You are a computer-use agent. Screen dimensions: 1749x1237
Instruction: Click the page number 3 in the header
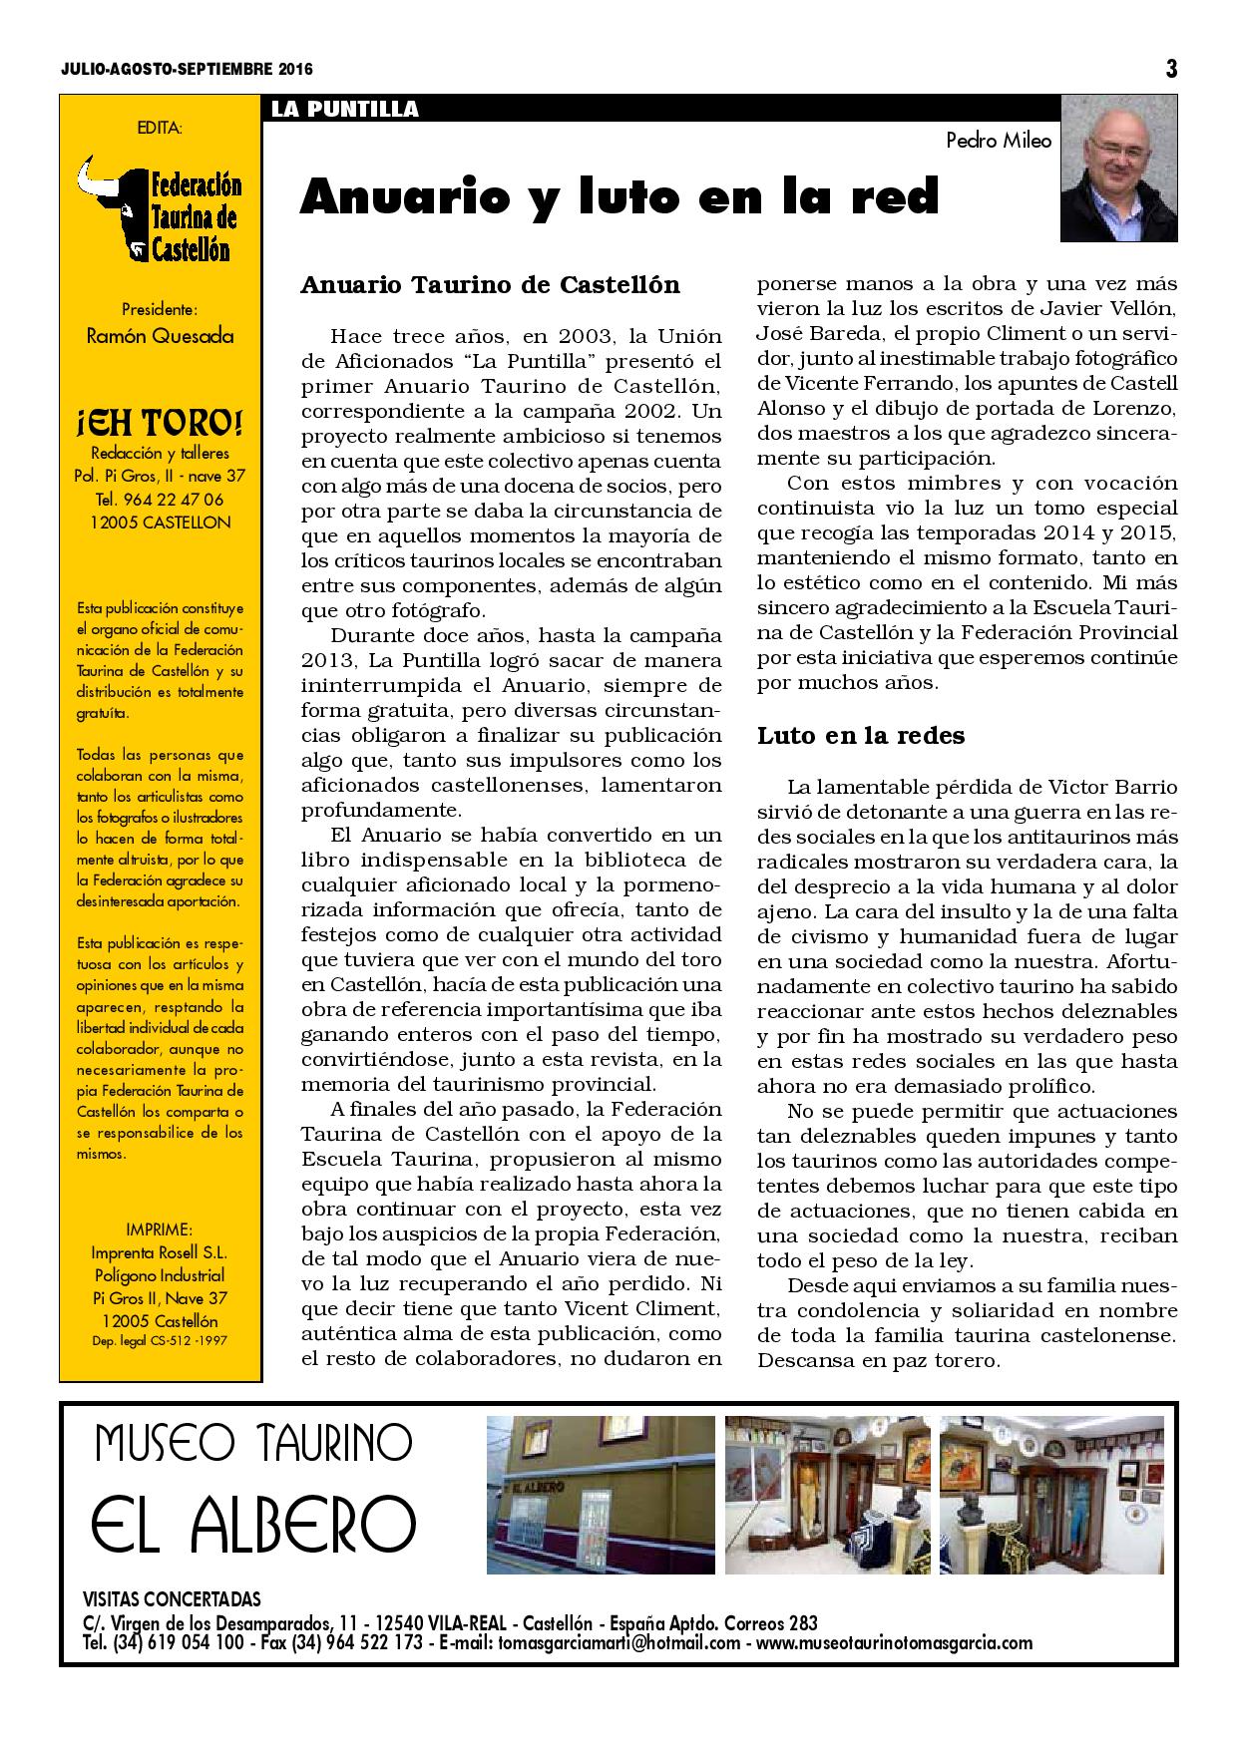click(x=1171, y=69)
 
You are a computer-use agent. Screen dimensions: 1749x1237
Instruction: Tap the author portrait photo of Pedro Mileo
click(x=1118, y=169)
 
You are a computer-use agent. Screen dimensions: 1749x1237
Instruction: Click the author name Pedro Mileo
click(x=999, y=141)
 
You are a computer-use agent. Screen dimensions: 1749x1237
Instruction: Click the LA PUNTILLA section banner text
click(x=344, y=110)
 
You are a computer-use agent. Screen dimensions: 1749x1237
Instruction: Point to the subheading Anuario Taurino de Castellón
click(x=490, y=285)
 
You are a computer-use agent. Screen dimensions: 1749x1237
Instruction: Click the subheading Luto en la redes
click(x=861, y=736)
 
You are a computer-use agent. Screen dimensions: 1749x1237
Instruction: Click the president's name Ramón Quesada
click(x=160, y=336)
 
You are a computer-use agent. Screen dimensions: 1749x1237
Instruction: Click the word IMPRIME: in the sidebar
click(x=160, y=1229)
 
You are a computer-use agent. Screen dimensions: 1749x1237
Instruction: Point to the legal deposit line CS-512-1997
click(x=160, y=1341)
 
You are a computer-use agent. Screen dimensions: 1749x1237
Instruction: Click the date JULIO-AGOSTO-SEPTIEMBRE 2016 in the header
click(x=186, y=70)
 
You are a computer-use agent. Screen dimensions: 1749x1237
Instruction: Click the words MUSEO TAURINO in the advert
click(x=253, y=1442)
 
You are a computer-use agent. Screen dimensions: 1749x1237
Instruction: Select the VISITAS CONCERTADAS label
click(x=172, y=1598)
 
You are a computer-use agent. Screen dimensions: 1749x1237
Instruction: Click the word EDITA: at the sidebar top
click(x=160, y=127)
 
